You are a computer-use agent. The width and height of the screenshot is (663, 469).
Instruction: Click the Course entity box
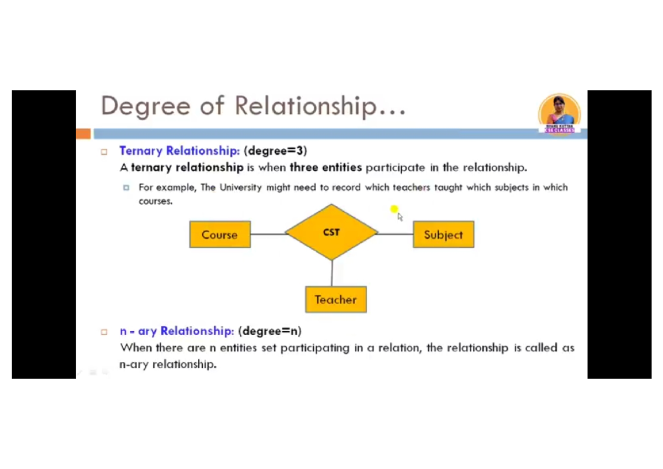[x=220, y=234]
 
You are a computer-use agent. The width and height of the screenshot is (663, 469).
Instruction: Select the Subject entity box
[x=443, y=234]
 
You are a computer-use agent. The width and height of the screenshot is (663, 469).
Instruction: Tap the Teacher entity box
[x=335, y=300]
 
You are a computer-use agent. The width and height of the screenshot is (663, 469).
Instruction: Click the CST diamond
[x=331, y=232]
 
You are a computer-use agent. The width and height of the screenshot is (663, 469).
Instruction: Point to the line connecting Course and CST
[x=268, y=234]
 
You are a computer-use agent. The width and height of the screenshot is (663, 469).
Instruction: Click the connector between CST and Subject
[x=396, y=234]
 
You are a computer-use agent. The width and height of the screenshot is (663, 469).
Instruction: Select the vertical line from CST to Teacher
[x=332, y=273]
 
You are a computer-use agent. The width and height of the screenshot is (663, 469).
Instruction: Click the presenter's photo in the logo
[x=559, y=111]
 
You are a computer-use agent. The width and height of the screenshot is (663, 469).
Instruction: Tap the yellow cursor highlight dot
[x=394, y=209]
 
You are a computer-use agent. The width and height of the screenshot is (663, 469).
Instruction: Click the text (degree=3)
[x=275, y=150]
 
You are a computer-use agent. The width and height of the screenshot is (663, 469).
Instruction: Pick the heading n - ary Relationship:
[x=177, y=331]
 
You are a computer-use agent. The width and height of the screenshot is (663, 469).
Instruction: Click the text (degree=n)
[x=270, y=331]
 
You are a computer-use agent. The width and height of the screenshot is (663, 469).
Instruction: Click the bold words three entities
[x=326, y=167]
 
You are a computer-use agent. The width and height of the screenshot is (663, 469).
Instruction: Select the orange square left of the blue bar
[x=83, y=134]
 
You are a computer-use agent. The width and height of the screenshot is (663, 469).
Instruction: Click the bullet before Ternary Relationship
[x=104, y=152]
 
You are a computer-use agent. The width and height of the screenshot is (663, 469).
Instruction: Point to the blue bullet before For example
[x=126, y=188]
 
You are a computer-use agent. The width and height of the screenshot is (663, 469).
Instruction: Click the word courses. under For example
[x=156, y=201]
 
